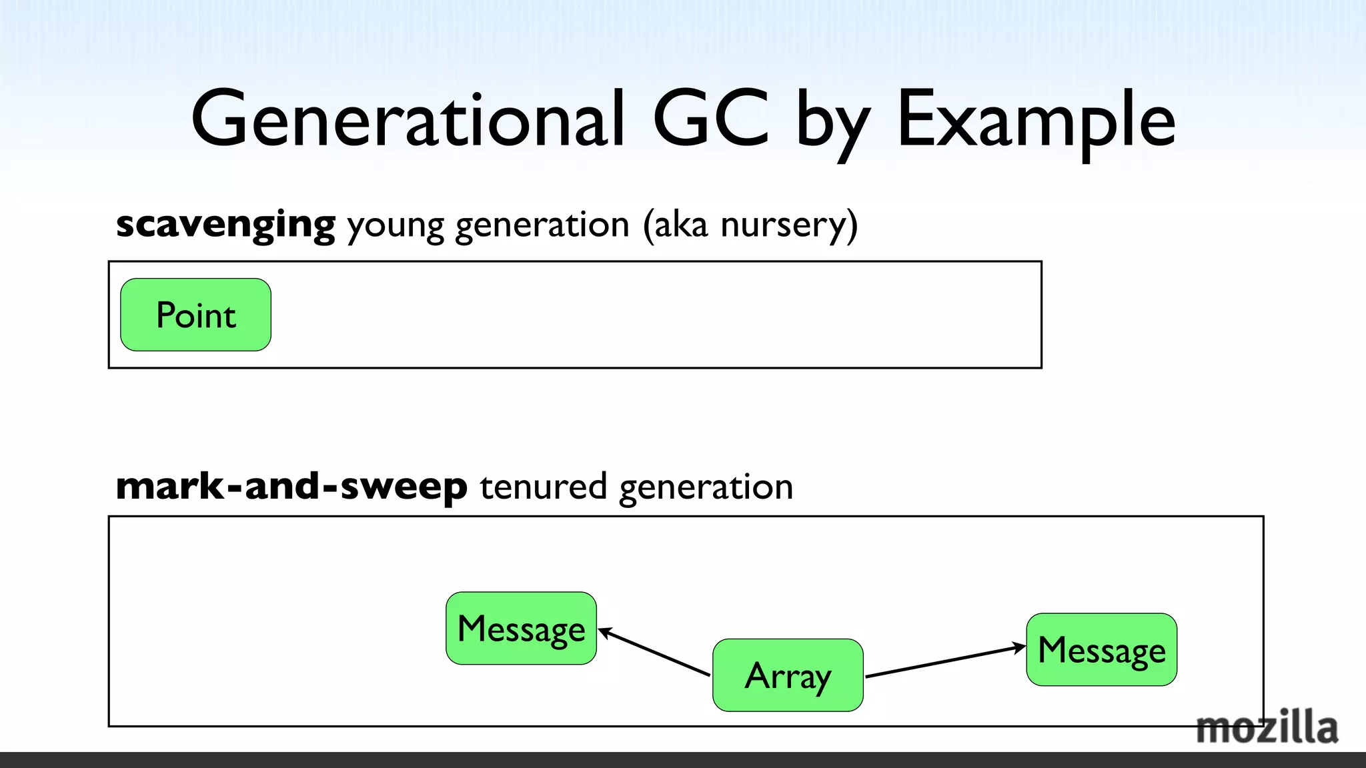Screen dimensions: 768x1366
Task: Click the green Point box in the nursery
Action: point(195,315)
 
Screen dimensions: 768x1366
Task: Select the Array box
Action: point(788,675)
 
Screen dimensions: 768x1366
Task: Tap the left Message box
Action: point(521,628)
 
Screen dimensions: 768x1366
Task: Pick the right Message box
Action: point(1101,649)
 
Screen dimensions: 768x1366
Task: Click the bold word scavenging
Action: point(225,225)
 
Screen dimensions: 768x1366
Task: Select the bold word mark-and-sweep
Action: point(291,486)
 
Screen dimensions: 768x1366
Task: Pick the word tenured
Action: point(543,486)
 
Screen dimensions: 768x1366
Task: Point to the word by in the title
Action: point(833,123)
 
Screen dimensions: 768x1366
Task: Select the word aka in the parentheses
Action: point(680,225)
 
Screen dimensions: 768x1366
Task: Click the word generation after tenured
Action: point(706,487)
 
